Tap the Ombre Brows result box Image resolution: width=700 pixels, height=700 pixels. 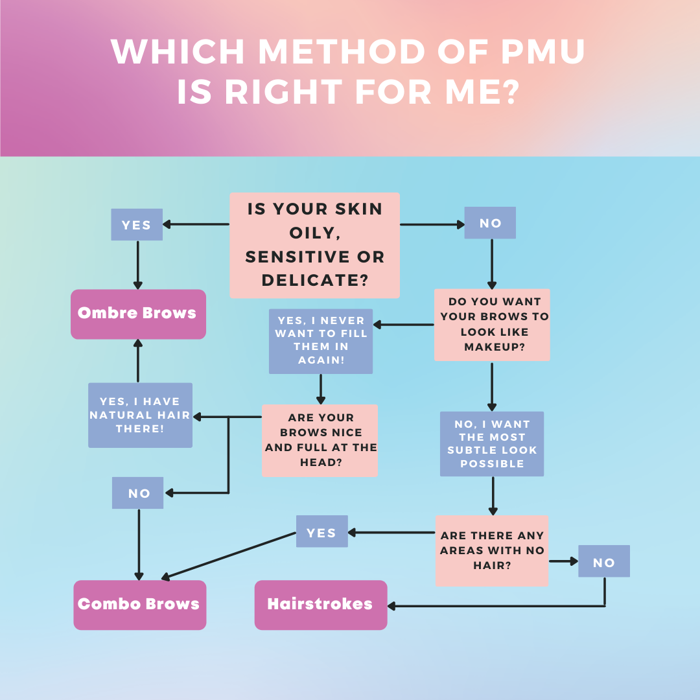(138, 314)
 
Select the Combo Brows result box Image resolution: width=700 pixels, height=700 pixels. (139, 605)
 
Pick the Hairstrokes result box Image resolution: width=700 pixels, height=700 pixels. (320, 605)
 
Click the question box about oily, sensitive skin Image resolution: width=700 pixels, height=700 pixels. (314, 245)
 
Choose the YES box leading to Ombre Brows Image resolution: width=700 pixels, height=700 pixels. (137, 225)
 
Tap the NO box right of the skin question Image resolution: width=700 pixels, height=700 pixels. (490, 223)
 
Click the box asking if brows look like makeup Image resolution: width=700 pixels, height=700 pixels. (492, 325)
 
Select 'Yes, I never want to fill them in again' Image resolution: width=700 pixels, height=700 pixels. (321, 341)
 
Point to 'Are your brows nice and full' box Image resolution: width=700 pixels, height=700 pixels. (320, 440)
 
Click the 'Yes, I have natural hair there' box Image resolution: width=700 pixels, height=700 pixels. (140, 415)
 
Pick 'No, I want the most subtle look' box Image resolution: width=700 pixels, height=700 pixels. (492, 444)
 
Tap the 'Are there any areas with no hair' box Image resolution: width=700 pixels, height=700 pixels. (491, 551)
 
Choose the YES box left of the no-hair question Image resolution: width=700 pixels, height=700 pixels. (321, 532)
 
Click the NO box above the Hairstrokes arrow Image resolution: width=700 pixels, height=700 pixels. (603, 561)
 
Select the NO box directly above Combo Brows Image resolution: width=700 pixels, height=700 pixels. (138, 493)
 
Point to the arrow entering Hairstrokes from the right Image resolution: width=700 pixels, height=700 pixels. (493, 606)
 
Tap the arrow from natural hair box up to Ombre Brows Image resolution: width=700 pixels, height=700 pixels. (138, 360)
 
